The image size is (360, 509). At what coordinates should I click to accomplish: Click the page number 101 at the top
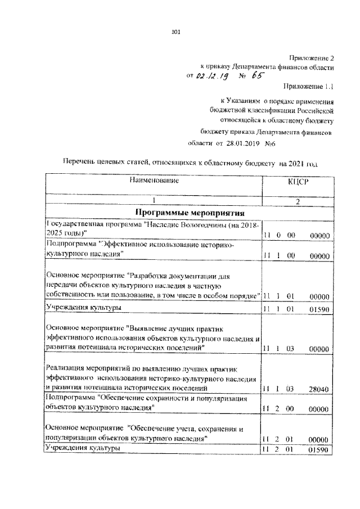pyautogui.click(x=175, y=32)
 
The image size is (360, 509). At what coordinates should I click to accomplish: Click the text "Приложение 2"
pyautogui.click(x=312, y=57)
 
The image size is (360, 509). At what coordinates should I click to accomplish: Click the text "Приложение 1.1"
pyautogui.click(x=308, y=87)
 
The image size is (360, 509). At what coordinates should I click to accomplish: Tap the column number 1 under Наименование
pyautogui.click(x=153, y=201)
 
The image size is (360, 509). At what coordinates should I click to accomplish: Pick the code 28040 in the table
pyautogui.click(x=319, y=389)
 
